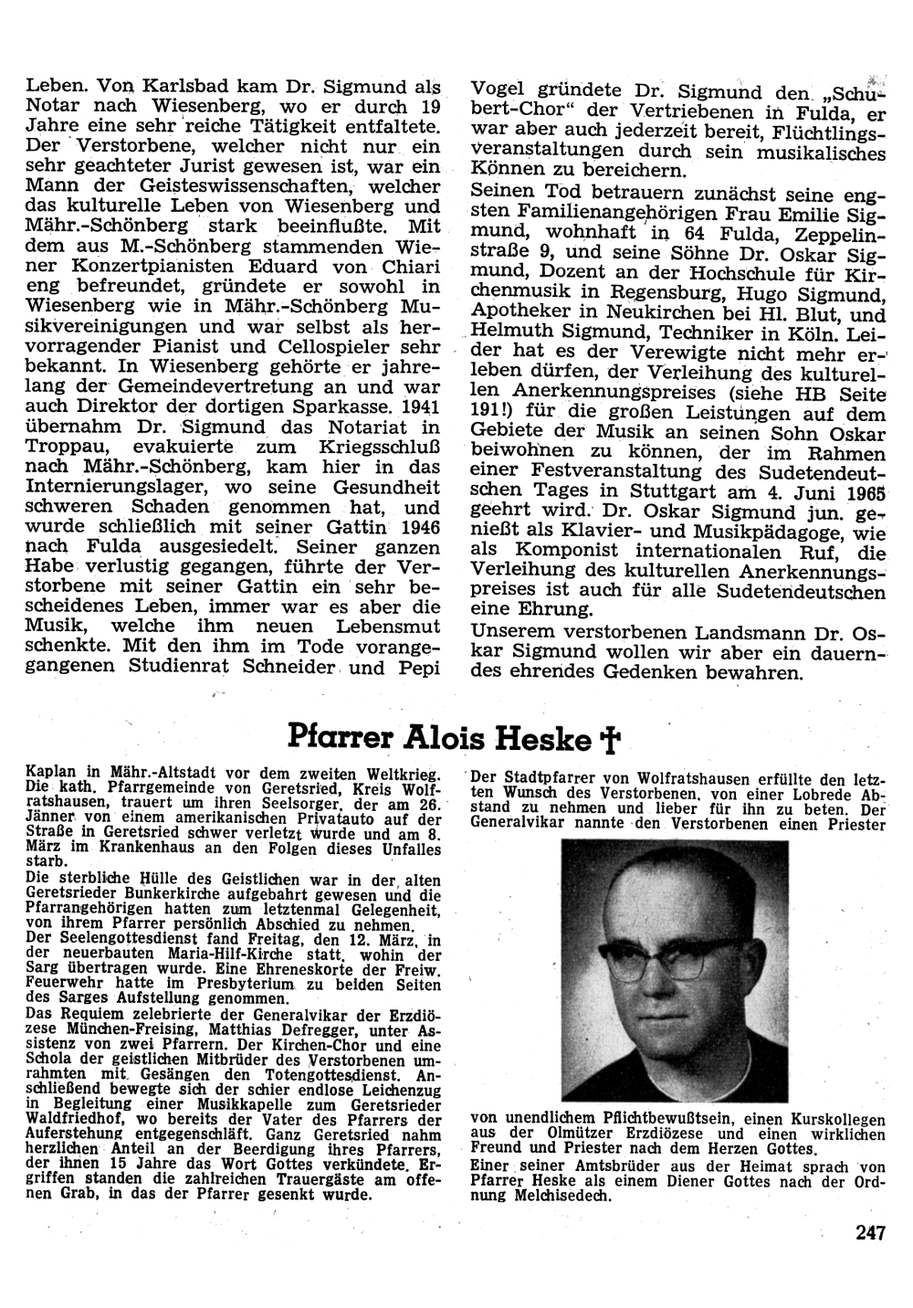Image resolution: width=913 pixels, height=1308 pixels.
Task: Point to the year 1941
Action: [423, 406]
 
